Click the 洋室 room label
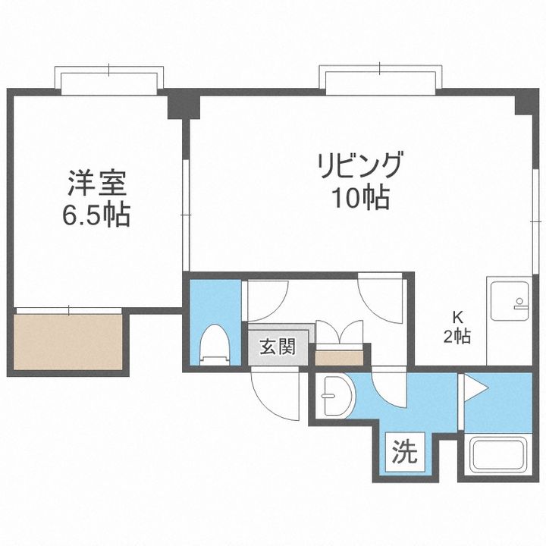[x=96, y=183]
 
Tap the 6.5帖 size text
[x=96, y=215]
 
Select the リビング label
[x=360, y=165]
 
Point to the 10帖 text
[x=361, y=197]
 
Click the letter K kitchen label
[x=457, y=317]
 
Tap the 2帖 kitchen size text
[x=457, y=337]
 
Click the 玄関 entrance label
[x=278, y=347]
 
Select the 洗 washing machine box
[x=405, y=452]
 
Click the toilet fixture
[x=215, y=345]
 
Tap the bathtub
[x=498, y=455]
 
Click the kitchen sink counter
[x=509, y=321]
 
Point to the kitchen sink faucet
[x=519, y=303]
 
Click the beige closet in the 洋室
[x=68, y=342]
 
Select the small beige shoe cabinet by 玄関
[x=339, y=358]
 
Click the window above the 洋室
[x=109, y=80]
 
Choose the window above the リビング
[x=380, y=80]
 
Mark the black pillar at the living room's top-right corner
[x=526, y=102]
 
